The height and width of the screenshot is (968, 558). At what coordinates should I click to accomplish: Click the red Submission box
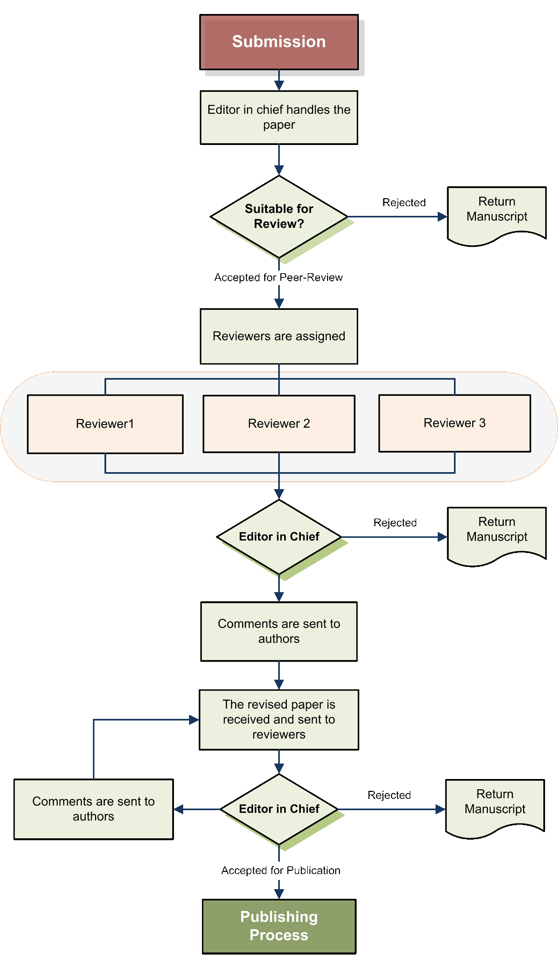279,42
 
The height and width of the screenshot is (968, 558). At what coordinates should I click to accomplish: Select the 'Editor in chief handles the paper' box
279,117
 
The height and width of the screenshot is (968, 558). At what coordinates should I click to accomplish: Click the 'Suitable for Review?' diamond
279,216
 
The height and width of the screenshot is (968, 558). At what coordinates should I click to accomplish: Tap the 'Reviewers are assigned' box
279,336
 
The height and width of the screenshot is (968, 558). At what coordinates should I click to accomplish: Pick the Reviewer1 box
105,424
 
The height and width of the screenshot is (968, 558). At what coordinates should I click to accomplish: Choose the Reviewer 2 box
279,424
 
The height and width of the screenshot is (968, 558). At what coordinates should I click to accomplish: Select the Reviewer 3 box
454,423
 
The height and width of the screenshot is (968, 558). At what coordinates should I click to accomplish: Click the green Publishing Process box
279,926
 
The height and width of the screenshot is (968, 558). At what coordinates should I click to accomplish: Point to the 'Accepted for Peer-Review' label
278,278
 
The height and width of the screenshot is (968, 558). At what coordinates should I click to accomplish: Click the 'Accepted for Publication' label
280,870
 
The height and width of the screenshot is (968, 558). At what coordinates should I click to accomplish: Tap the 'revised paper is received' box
279,719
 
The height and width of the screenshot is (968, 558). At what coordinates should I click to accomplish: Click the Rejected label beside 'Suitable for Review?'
404,202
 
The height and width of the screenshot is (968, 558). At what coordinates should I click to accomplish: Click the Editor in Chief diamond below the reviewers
279,537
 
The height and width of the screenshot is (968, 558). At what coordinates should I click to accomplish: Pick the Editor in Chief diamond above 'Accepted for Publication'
279,809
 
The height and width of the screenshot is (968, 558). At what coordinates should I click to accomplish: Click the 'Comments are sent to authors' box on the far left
93,809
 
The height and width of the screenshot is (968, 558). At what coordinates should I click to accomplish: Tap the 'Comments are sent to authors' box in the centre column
279,631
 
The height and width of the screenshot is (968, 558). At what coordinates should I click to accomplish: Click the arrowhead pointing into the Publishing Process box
279,893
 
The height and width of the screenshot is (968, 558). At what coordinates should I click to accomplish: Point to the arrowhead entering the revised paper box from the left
194,720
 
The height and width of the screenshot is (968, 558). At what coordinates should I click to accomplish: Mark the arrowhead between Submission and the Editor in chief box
279,85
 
